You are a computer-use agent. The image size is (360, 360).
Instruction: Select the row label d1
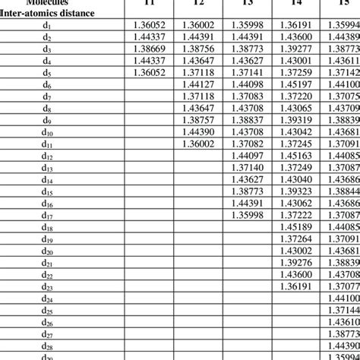click(46, 25)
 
